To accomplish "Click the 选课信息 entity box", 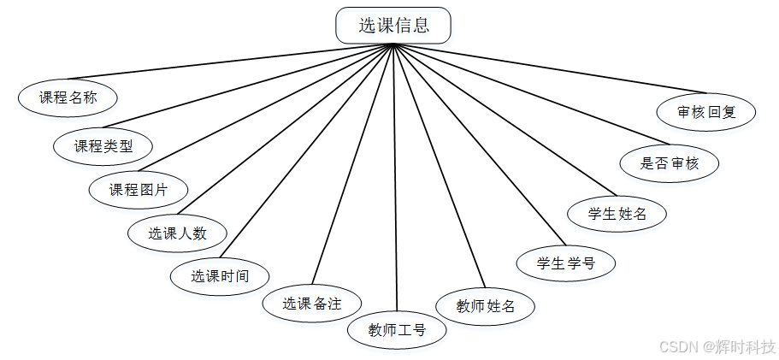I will coord(393,26).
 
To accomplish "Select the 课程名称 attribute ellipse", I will coord(68,97).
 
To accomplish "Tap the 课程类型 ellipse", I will coord(103,146).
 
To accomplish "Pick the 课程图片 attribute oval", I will coord(139,190).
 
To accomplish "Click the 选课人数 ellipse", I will coord(178,233).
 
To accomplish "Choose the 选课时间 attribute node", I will coord(220,276).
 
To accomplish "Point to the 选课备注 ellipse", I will coord(311,304).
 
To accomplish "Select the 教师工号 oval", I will coord(397,329).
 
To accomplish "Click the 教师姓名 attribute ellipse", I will coord(485,306).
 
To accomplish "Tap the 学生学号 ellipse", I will coord(565,263).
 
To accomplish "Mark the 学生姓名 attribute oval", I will coord(617,214).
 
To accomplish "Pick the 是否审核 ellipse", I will coord(670,163).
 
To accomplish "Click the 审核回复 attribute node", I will coord(705,112).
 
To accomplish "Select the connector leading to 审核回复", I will coord(547,68).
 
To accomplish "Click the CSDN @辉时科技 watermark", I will coord(717,346).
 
